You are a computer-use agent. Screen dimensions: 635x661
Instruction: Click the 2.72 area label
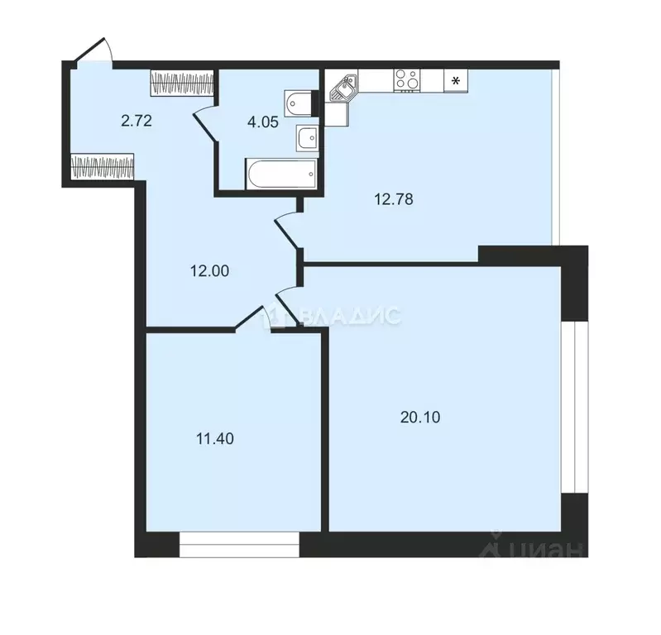pos(136,121)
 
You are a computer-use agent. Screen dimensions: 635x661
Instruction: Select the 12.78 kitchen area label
pos(394,198)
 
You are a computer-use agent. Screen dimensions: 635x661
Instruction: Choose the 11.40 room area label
pos(214,439)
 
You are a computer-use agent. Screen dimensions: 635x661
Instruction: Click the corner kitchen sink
pos(342,85)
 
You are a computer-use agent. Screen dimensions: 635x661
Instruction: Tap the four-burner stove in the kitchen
pos(405,80)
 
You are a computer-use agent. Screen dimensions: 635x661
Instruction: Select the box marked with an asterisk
pos(455,80)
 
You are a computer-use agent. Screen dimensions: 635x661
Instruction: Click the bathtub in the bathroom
pos(281,173)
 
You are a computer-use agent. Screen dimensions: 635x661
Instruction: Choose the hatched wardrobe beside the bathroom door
pos(183,83)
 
